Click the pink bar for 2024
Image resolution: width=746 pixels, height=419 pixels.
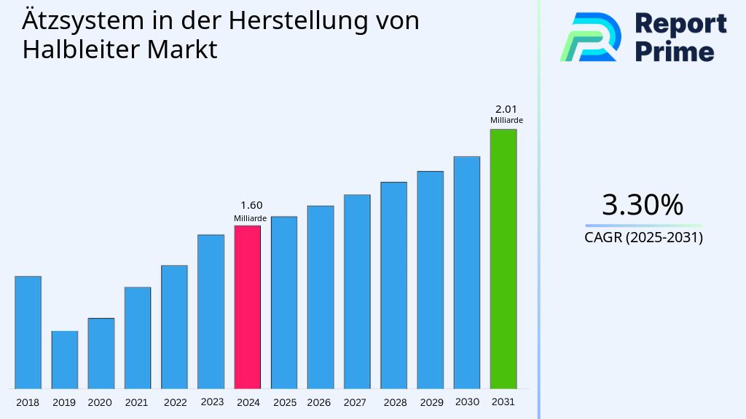247,307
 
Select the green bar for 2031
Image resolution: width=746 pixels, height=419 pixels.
503,259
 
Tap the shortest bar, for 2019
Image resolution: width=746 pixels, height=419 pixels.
65,359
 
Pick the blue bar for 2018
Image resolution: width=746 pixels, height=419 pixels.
28,332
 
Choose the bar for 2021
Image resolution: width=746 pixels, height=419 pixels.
138,338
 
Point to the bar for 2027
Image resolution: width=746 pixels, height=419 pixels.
357,291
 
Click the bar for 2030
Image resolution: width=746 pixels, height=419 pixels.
466,272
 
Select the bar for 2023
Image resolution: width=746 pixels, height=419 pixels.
211,311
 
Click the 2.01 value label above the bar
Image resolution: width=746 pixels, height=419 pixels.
506,109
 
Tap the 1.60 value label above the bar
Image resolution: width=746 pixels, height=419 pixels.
251,205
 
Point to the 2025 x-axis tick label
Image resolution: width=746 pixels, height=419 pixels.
285,402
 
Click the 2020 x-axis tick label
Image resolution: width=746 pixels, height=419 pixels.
100,402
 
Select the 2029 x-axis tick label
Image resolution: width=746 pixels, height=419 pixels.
431,402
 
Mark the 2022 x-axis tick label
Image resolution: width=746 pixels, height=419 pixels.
175,402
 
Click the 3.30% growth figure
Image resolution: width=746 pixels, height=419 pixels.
643,205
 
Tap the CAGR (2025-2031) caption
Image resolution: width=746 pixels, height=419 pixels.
643,238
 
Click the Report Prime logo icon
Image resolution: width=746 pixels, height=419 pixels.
590,37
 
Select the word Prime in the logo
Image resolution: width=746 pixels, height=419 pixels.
675,52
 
